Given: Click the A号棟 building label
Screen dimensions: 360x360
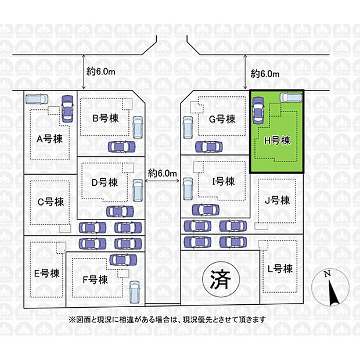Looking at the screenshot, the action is [x=49, y=139].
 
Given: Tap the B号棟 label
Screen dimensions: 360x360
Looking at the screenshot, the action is [x=105, y=118].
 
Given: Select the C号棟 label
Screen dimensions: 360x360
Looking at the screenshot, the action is [x=51, y=202].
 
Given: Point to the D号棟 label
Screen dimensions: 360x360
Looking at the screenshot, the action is [x=105, y=182].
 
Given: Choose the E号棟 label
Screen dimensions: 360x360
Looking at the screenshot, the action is [x=47, y=273].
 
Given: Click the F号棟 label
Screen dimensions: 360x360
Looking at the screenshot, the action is [x=95, y=280].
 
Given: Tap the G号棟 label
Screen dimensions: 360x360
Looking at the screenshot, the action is [x=222, y=119].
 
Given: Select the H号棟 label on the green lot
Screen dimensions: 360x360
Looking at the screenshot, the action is [x=278, y=141].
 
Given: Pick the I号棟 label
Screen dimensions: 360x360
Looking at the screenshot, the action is [x=224, y=182].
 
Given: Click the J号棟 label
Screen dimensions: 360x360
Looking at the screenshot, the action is [x=278, y=200].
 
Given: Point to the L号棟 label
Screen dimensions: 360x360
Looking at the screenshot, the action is [x=280, y=269].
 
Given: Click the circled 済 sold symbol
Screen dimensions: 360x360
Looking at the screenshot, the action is [x=221, y=279].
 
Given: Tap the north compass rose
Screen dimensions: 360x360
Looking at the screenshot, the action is [x=330, y=287].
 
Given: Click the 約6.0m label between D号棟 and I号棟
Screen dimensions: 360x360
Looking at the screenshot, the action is [x=163, y=173].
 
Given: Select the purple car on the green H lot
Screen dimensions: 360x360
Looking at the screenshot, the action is [x=258, y=110].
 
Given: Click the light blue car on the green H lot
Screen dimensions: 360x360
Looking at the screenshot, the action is [x=291, y=98].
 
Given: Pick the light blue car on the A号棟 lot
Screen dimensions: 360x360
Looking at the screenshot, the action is [x=37, y=99].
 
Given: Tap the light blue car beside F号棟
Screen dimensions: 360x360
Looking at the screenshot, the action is [x=135, y=292].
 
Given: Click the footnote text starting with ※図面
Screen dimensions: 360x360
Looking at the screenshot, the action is [x=167, y=319].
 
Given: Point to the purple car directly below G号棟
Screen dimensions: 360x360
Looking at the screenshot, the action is [x=209, y=147].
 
